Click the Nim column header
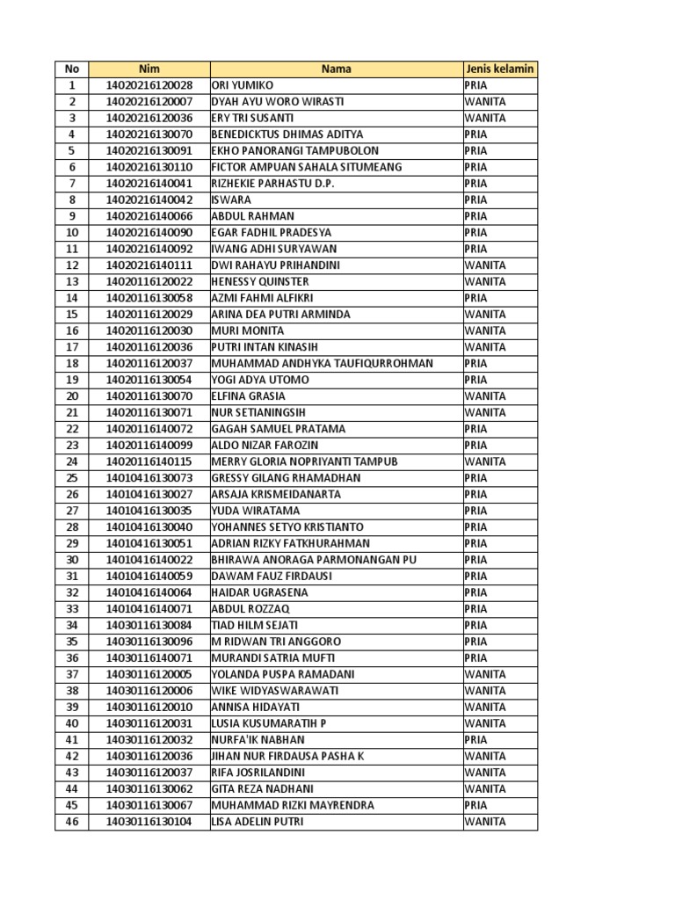coord(149,69)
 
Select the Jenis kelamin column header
coord(499,69)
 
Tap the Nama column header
coord(336,69)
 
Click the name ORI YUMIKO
coord(243,85)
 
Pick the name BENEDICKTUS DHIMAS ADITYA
coord(287,134)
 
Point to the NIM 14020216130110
coord(149,167)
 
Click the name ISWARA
coord(231,200)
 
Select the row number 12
coord(72,265)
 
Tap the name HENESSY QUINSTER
coord(259,281)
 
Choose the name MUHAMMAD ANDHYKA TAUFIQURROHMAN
coord(322,363)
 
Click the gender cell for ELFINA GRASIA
coord(485,396)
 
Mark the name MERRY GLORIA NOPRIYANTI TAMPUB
coord(304,461)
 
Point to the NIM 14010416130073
coord(149,478)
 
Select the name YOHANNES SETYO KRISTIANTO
coord(287,527)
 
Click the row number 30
coord(72,560)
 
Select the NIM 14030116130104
coord(149,822)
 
